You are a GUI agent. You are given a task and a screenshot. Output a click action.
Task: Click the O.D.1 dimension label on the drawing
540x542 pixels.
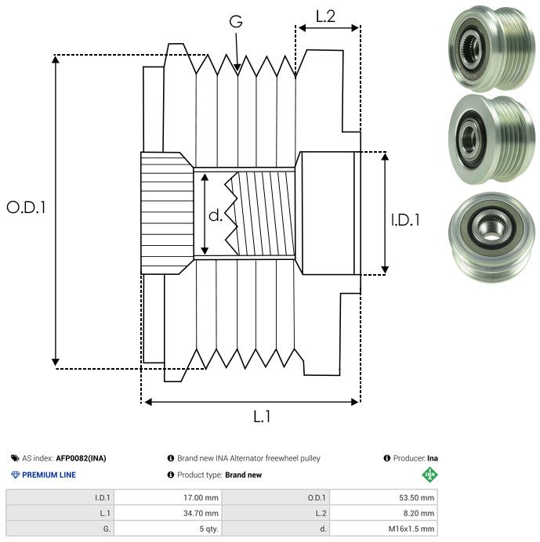[x=27, y=208]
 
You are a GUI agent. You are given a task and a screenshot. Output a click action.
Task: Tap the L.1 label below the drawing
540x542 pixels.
[x=262, y=417]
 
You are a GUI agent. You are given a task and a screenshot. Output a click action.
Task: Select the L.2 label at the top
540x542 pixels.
[x=326, y=16]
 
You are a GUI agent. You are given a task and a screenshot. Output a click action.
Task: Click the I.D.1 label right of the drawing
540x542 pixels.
[x=405, y=221]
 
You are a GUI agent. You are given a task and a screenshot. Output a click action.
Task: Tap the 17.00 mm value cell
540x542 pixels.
[x=201, y=497]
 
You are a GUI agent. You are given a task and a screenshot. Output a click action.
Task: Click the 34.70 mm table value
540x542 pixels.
[x=201, y=513]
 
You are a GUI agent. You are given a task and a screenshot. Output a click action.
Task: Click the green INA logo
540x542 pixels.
[x=429, y=475]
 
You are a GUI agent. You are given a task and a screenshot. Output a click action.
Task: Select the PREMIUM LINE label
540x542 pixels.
[x=49, y=475]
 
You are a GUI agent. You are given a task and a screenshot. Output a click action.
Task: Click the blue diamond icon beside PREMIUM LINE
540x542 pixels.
[x=15, y=475]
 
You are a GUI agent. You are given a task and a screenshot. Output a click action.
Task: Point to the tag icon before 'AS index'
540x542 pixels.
[x=15, y=458]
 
